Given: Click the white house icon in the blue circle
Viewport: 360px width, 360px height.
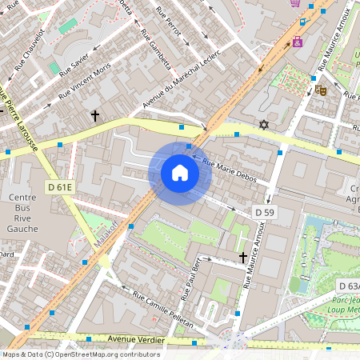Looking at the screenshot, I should (180, 173).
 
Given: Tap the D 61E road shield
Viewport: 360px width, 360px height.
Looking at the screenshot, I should (60, 186).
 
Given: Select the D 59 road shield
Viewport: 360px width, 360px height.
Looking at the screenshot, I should (266, 212).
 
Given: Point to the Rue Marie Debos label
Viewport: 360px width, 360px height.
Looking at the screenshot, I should (230, 171).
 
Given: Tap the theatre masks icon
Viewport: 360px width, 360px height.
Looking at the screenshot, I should (321, 90).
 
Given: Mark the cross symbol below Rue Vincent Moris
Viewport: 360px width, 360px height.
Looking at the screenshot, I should (94, 116).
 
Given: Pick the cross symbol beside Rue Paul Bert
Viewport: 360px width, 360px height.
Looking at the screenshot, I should (243, 257).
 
